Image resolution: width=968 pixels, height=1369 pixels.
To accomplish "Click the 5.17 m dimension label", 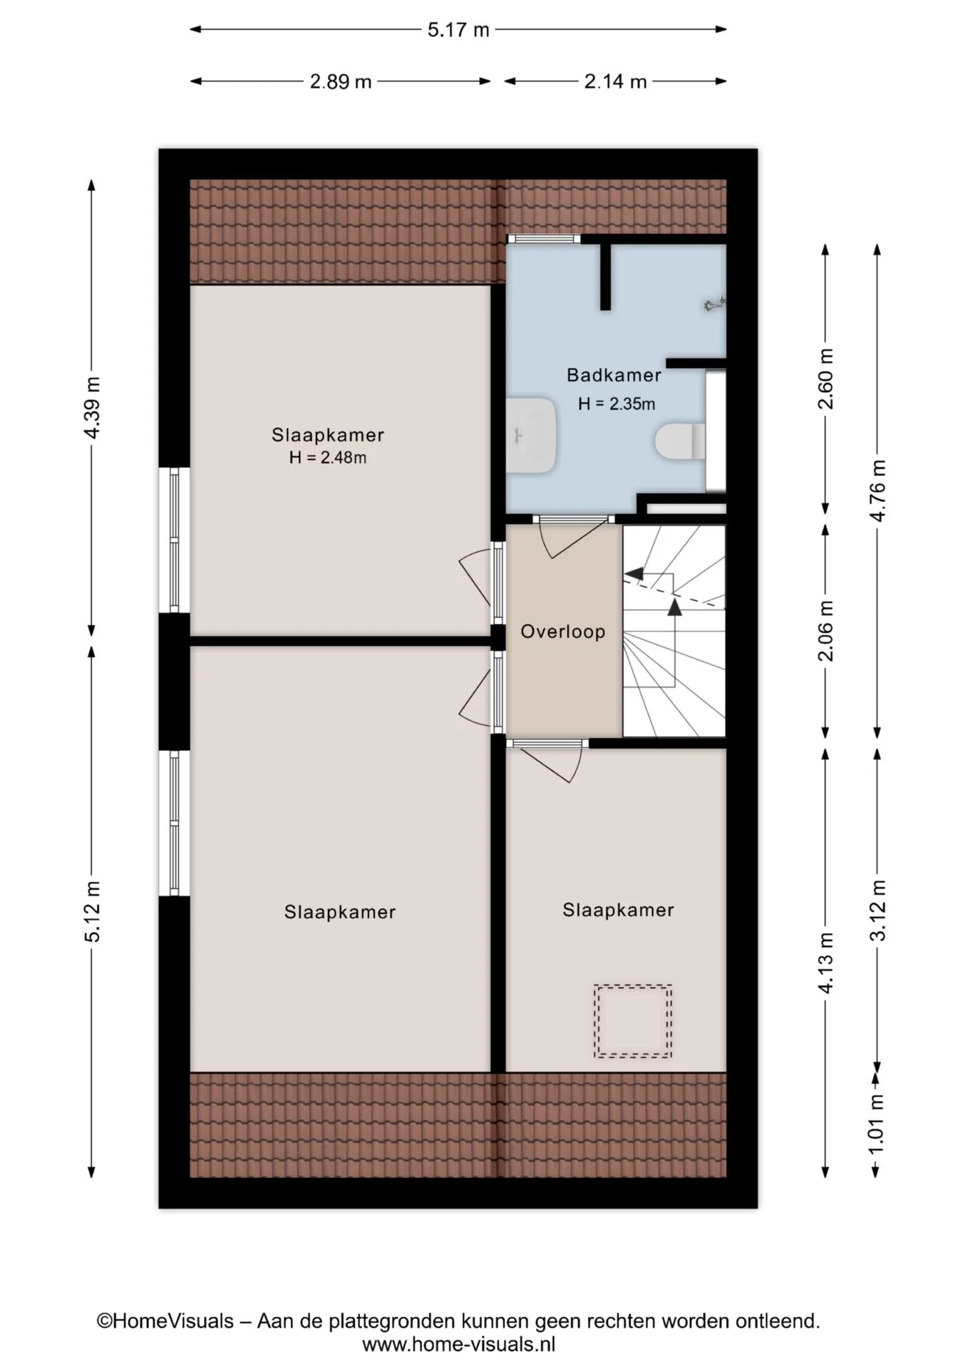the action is tap(458, 30).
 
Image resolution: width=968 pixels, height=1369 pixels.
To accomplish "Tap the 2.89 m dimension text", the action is tap(341, 82).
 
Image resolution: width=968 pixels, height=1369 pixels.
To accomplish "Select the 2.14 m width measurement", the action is tap(615, 82).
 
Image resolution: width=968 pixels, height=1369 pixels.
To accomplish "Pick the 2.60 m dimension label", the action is tap(825, 379).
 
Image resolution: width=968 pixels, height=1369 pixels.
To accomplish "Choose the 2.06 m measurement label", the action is tap(825, 631).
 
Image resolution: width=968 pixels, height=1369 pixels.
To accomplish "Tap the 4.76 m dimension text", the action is tap(878, 491).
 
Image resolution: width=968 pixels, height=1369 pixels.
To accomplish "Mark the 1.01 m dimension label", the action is tap(878, 1124).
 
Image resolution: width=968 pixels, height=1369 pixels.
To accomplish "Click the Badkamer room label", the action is tap(614, 375).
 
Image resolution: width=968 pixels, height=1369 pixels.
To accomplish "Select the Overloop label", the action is tap(563, 632).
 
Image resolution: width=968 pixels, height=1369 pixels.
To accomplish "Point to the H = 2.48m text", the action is tap(328, 458).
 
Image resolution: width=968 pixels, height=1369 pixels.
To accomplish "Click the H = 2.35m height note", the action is tap(617, 404).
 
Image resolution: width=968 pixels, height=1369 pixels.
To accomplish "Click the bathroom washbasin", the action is tap(531, 435).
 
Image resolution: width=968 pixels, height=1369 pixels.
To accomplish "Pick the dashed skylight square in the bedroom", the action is tap(633, 1021).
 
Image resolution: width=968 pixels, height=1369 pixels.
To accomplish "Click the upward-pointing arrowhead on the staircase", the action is tap(674, 607).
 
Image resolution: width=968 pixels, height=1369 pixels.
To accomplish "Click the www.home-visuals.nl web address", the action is tap(458, 1345).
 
